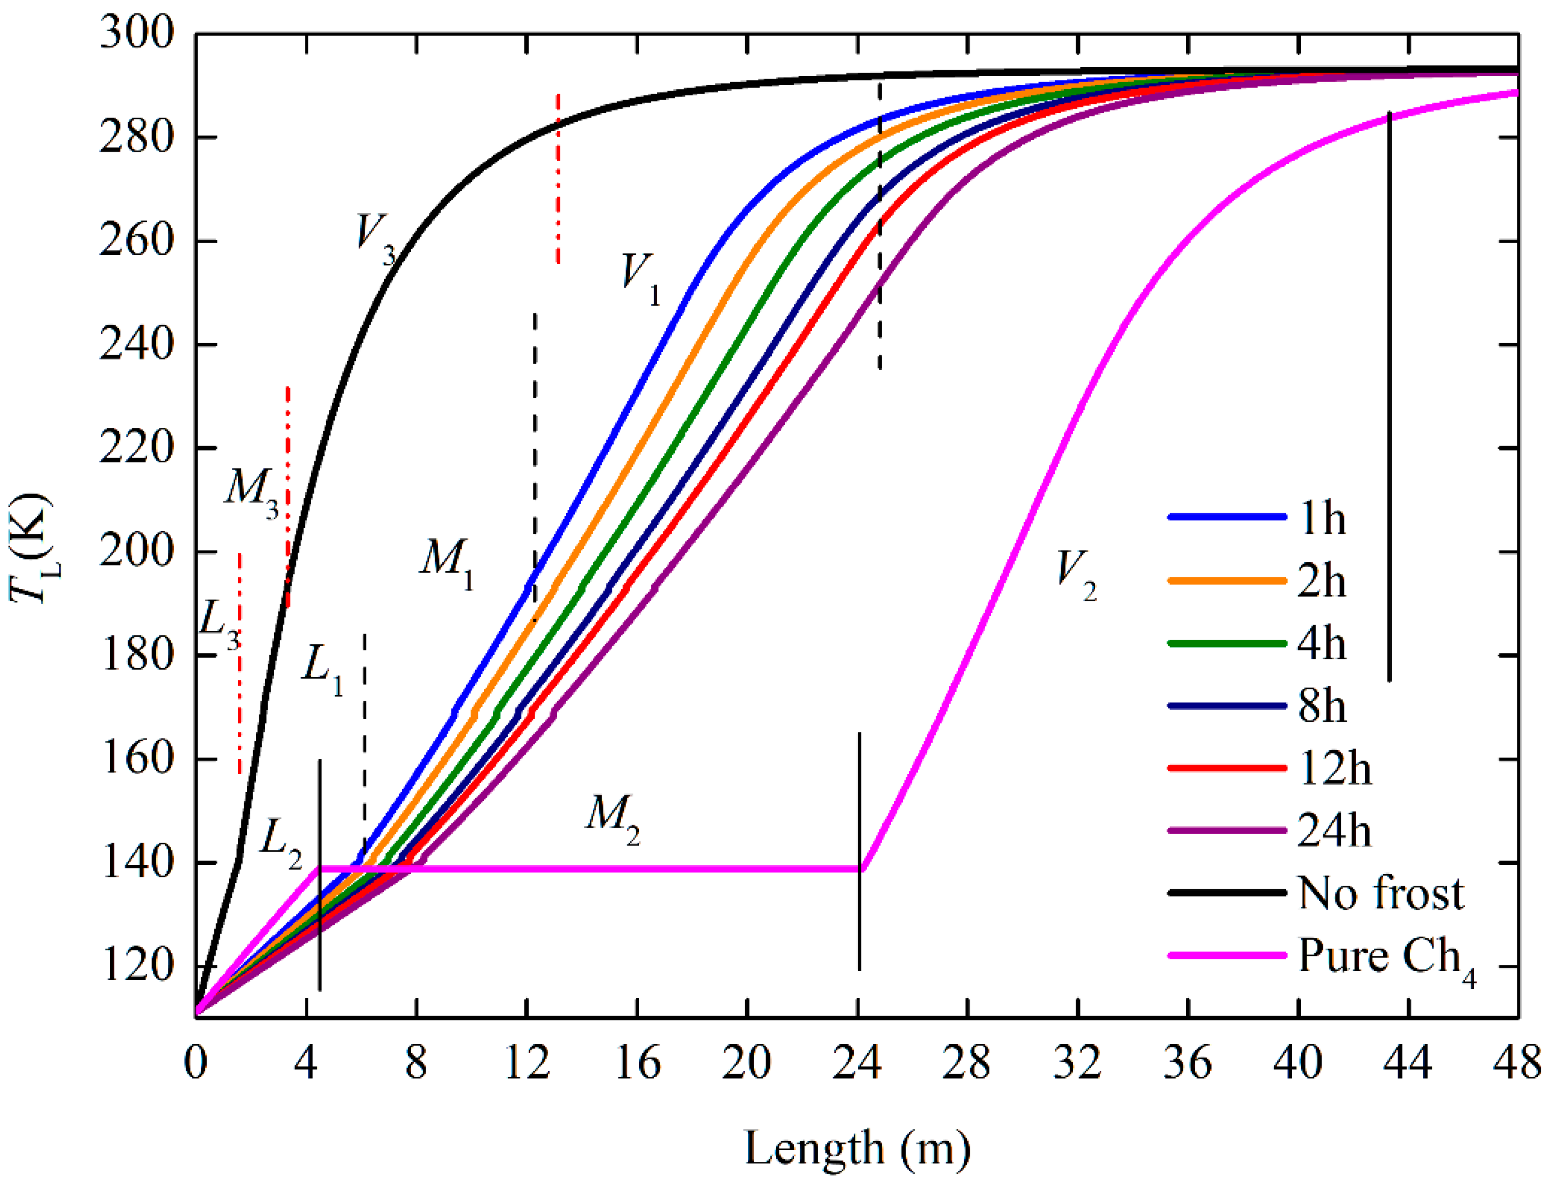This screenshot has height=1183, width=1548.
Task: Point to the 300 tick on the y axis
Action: [137, 33]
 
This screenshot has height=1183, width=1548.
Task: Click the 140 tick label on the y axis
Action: [137, 863]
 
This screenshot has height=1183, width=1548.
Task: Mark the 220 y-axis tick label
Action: [137, 448]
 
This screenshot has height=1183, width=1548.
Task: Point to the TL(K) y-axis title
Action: [32, 549]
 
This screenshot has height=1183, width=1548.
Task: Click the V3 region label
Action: [375, 238]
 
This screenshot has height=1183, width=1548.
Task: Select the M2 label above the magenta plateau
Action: [612, 818]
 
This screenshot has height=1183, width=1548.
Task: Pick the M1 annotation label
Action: [446, 563]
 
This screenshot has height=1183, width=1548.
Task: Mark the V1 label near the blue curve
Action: [640, 277]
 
